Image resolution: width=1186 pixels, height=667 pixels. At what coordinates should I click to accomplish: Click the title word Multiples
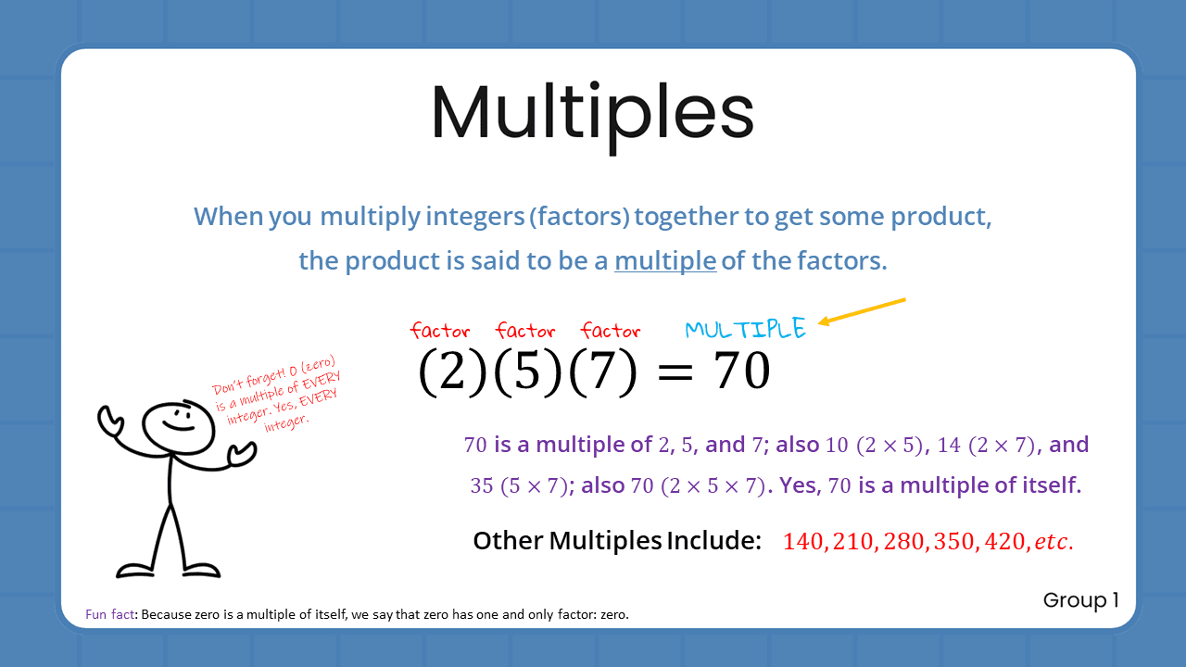point(592,112)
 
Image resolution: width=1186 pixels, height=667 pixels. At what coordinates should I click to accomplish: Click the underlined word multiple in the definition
point(665,261)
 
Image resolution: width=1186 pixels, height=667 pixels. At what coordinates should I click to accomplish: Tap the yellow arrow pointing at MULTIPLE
point(862,311)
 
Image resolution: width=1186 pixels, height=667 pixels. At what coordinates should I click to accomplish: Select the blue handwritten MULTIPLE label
point(745,329)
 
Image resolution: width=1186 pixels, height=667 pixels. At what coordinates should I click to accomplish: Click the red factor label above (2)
point(440,331)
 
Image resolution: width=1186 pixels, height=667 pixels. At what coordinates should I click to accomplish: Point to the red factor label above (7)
point(611,331)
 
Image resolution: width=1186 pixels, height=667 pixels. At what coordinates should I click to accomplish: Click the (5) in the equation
point(527,371)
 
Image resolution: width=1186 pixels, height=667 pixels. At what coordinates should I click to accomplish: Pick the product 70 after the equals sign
point(740,371)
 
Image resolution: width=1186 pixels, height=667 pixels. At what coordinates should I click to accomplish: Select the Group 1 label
point(1080,600)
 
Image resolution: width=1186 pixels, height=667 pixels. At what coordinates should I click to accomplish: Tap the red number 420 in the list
point(1001,542)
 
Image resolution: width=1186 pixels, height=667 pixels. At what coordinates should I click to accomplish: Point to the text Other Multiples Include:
point(617,541)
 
